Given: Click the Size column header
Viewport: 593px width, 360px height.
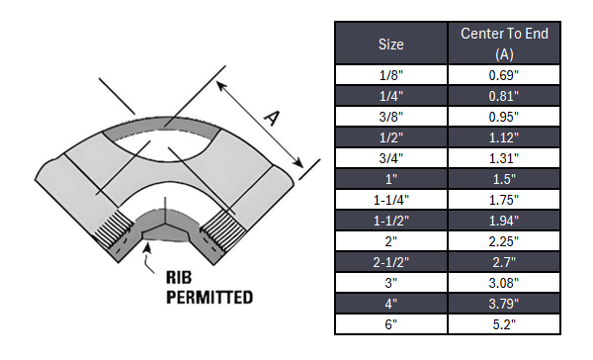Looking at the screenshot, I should (391, 44).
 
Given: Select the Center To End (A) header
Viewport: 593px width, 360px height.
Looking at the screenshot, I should (504, 44).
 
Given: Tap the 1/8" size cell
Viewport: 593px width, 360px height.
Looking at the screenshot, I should (391, 75).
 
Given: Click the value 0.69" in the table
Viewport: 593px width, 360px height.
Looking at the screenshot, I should (504, 75).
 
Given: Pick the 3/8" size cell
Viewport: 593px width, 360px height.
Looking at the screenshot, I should (391, 117).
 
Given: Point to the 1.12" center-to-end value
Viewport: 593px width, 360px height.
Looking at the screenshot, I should (504, 137).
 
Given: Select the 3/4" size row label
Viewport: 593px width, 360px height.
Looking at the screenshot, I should (391, 158).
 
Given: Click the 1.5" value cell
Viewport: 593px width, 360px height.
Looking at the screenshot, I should (504, 179).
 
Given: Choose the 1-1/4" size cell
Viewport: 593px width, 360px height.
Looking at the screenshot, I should (391, 200).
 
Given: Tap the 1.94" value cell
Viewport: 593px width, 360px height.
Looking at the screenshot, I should (504, 221).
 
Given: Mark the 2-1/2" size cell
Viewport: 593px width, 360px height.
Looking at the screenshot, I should (391, 262).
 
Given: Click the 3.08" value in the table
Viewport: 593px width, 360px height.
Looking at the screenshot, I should (504, 283).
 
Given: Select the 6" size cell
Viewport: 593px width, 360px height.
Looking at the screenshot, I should (391, 324).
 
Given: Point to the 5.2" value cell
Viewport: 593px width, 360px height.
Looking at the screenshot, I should (504, 324).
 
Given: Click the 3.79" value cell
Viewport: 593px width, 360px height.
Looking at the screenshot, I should (504, 304).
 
